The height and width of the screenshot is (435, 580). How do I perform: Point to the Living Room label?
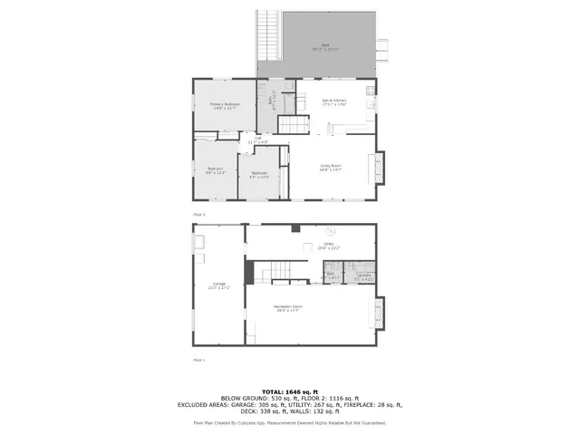(x=330, y=167)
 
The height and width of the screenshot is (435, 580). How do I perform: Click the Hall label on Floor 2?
(x=257, y=140)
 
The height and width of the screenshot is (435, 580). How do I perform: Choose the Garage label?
(x=218, y=285)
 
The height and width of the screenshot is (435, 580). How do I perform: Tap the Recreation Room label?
(x=288, y=308)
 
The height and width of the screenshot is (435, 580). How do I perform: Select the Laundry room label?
(x=363, y=275)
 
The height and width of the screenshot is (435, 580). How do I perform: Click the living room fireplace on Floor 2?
(x=379, y=167)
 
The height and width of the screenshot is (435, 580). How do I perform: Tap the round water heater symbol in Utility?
(x=331, y=231)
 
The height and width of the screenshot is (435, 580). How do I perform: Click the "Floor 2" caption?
(x=198, y=214)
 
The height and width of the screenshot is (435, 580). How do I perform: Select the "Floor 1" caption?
(x=198, y=360)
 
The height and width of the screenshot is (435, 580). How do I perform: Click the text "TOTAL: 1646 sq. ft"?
(x=289, y=391)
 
